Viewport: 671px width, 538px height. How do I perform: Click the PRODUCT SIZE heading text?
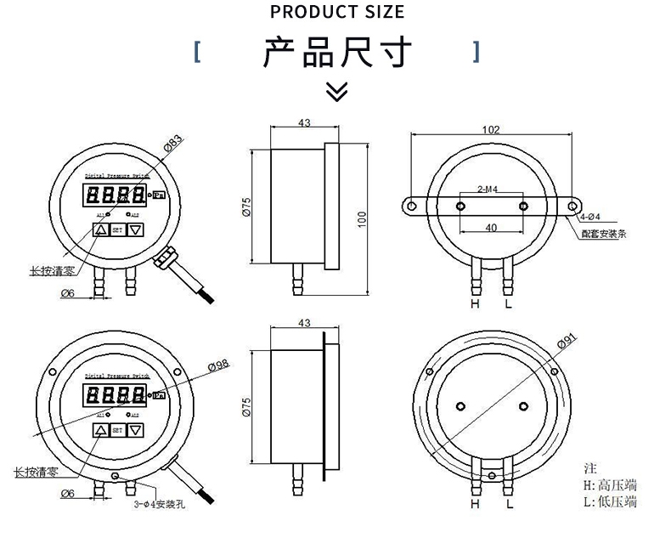tap(337, 12)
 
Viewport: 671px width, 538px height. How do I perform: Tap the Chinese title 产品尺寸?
tap(337, 53)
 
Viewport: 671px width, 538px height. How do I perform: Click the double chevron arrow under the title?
tap(337, 91)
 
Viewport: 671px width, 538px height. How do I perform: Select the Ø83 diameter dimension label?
tap(172, 142)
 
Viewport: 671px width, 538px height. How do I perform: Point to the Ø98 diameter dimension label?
tap(218, 365)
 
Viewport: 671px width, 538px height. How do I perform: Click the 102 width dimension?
tap(490, 130)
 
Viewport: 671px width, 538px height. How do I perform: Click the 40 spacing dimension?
tap(491, 228)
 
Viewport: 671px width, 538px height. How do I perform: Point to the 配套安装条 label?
tap(605, 234)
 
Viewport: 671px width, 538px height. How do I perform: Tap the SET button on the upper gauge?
tap(117, 229)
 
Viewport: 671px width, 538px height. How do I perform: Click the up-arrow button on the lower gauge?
tap(101, 431)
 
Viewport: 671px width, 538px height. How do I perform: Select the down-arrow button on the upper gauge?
tap(135, 229)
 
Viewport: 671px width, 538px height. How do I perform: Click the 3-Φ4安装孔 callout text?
tap(159, 504)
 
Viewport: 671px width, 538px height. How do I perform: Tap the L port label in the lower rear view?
tap(509, 504)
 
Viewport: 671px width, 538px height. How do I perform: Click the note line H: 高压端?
tap(611, 485)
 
